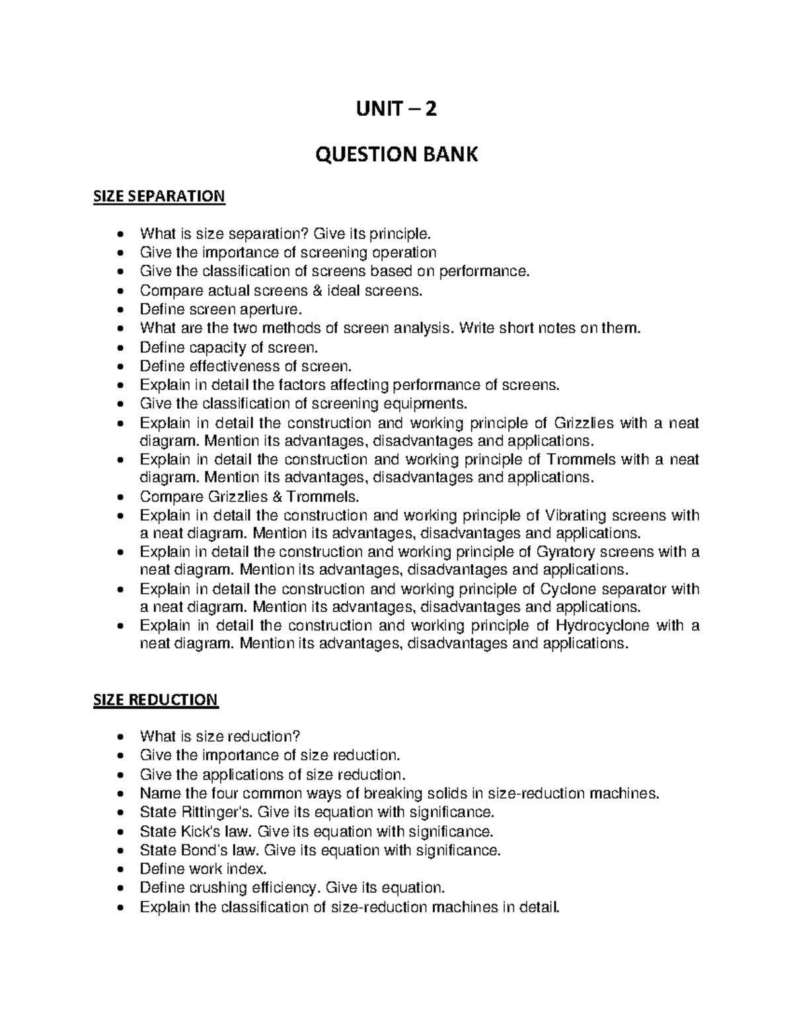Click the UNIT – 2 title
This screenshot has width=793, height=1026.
(396, 108)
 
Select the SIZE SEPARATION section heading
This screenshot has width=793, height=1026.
(159, 196)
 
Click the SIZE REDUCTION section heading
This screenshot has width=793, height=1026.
(155, 700)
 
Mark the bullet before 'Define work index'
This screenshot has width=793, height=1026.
(120, 869)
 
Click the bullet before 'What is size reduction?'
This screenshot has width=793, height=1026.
(120, 737)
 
